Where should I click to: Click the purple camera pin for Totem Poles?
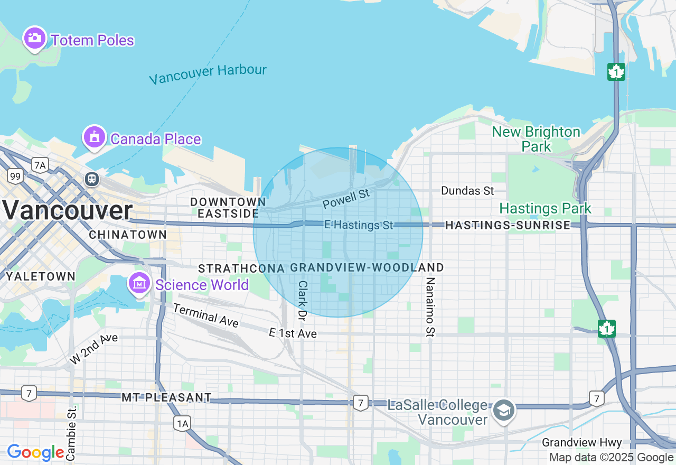point(35,39)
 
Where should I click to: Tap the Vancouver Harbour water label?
point(208,73)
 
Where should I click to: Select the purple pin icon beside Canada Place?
point(94,137)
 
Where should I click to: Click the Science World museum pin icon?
point(140,284)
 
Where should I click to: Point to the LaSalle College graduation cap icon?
point(503,411)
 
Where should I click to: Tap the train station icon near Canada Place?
point(92,179)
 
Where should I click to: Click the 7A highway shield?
point(40,165)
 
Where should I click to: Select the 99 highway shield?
point(15,176)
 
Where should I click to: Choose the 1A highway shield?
point(182,422)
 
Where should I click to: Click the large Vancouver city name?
point(67,210)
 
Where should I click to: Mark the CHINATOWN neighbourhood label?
point(128,235)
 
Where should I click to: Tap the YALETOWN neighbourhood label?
point(41,276)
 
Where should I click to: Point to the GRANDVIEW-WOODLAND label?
point(367,267)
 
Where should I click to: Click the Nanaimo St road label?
point(430,306)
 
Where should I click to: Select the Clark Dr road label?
point(302,300)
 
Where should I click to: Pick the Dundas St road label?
point(467,191)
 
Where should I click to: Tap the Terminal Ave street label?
point(205,315)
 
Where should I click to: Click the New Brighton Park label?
point(536,139)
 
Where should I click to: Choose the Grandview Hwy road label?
point(581,443)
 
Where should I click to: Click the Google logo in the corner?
point(36,452)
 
